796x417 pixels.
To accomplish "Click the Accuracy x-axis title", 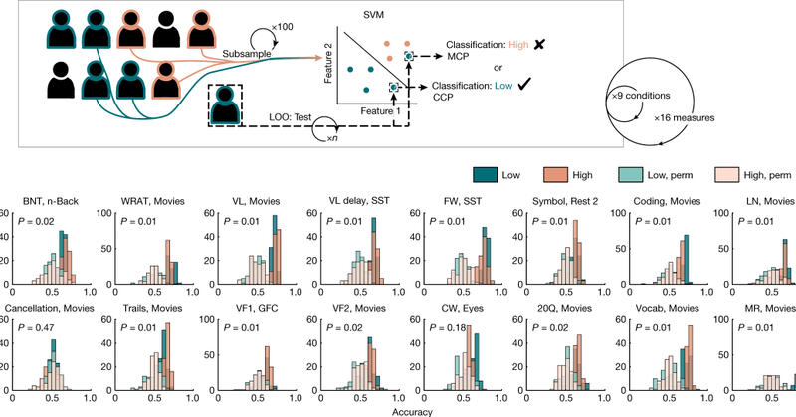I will [x=398, y=409].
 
